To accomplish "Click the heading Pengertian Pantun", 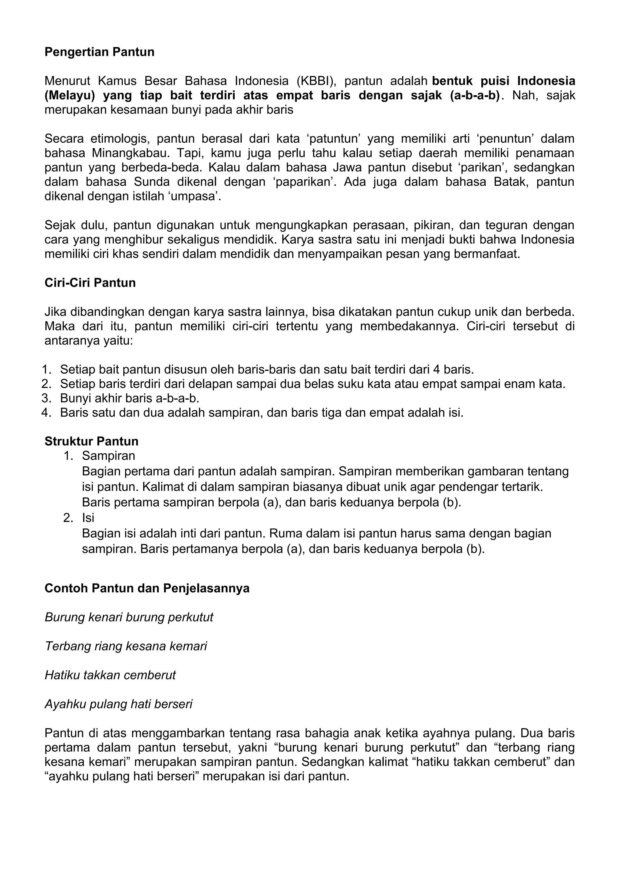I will tap(99, 52).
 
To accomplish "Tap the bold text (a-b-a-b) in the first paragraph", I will tap(475, 95).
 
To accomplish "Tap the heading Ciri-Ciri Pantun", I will tap(90, 283).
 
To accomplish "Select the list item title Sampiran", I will tap(108, 456).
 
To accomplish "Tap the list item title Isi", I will tap(88, 518).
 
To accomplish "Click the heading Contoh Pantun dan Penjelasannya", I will tap(147, 588).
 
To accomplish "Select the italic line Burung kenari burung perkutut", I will tap(129, 617).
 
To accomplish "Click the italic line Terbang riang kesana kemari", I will tap(126, 646).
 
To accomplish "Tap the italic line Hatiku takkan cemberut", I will tap(110, 675).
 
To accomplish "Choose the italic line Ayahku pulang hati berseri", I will tap(118, 704).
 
